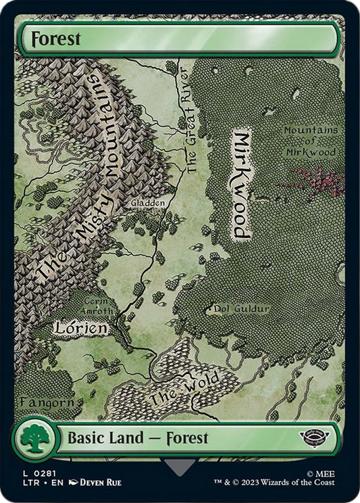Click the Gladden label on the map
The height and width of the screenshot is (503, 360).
coord(147,202)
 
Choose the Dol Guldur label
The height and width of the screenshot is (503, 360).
coord(241,309)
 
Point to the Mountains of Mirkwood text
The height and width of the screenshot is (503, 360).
coord(313,140)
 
